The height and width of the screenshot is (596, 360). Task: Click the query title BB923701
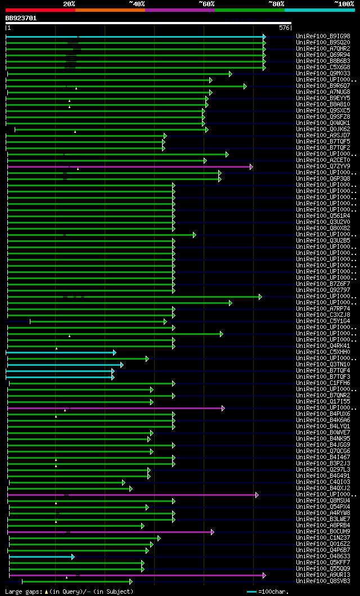click(21, 18)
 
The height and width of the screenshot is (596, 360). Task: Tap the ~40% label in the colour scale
click(137, 4)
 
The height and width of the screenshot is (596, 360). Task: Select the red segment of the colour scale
click(40, 10)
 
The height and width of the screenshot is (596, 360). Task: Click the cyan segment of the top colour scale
click(319, 10)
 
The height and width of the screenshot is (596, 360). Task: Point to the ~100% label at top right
click(344, 4)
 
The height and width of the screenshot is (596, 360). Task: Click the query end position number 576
click(284, 28)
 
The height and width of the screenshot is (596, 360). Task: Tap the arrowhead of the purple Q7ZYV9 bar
click(251, 167)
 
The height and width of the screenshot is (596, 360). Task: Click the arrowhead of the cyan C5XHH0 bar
click(114, 352)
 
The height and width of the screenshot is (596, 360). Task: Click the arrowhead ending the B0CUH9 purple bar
click(212, 532)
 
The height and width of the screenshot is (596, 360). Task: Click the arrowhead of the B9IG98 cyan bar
click(264, 37)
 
